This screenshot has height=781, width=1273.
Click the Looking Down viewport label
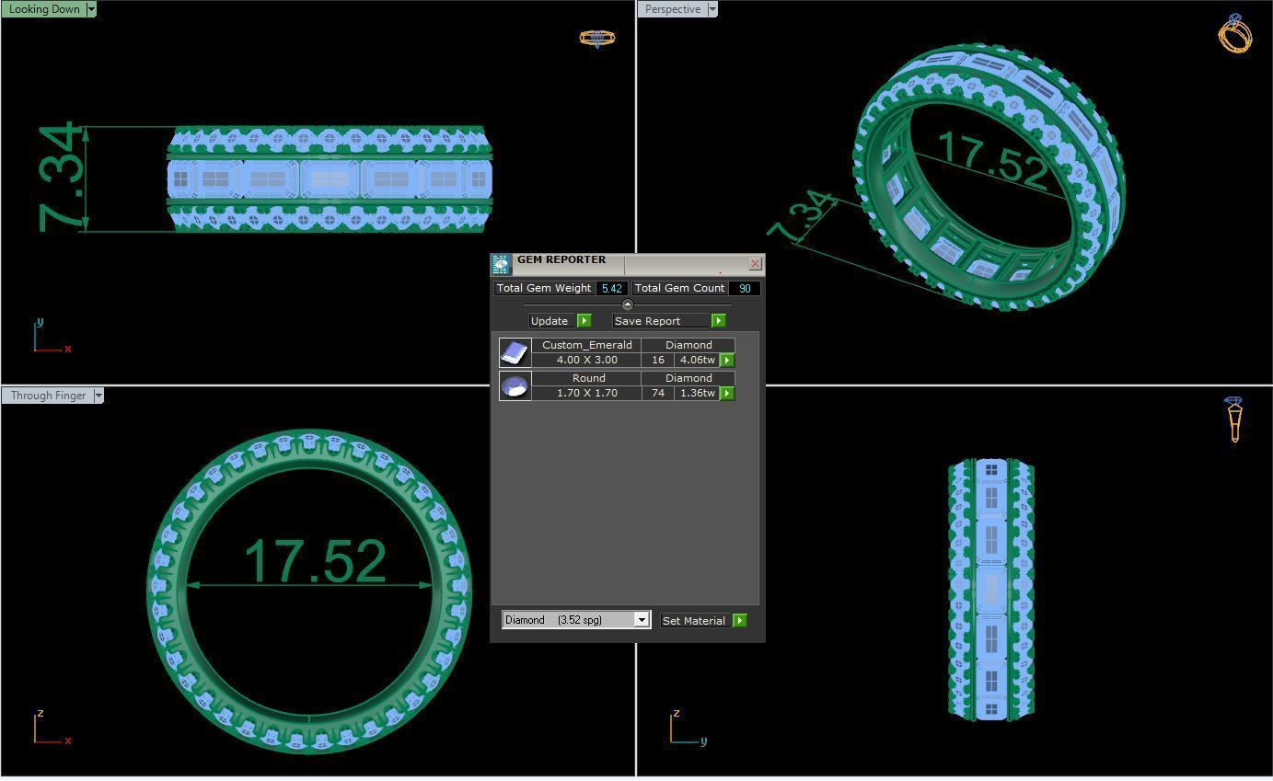[44, 9]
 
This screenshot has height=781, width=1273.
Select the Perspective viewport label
[673, 9]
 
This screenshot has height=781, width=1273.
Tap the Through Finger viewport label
[48, 396]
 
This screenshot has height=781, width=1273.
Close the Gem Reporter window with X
[755, 264]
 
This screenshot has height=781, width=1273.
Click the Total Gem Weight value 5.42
[611, 289]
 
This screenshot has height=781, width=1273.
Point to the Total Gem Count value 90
[744, 289]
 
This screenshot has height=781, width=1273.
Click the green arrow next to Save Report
[718, 321]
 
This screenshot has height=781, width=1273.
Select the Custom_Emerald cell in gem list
[586, 345]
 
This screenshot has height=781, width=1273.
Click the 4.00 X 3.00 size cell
[586, 360]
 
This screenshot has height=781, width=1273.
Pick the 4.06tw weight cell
[697, 360]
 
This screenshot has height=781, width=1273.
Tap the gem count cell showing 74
[657, 393]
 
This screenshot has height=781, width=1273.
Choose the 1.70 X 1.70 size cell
[586, 393]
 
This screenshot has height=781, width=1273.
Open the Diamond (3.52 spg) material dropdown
[642, 620]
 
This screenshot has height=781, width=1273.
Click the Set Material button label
[693, 621]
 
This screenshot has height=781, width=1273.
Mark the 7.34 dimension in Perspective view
[803, 217]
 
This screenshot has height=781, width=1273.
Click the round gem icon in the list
[515, 385]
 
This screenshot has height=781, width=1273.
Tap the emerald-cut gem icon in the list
[515, 352]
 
